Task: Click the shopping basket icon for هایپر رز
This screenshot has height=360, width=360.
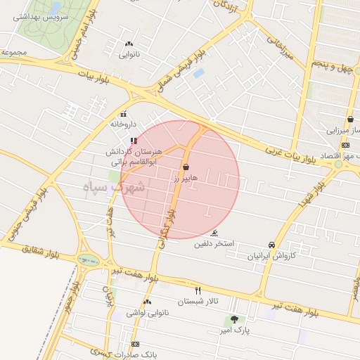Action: click(x=186, y=167)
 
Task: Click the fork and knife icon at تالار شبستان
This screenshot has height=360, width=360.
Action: click(x=198, y=290)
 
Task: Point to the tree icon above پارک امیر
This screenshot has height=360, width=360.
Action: click(x=233, y=319)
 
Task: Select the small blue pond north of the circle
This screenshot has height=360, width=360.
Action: click(x=198, y=72)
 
